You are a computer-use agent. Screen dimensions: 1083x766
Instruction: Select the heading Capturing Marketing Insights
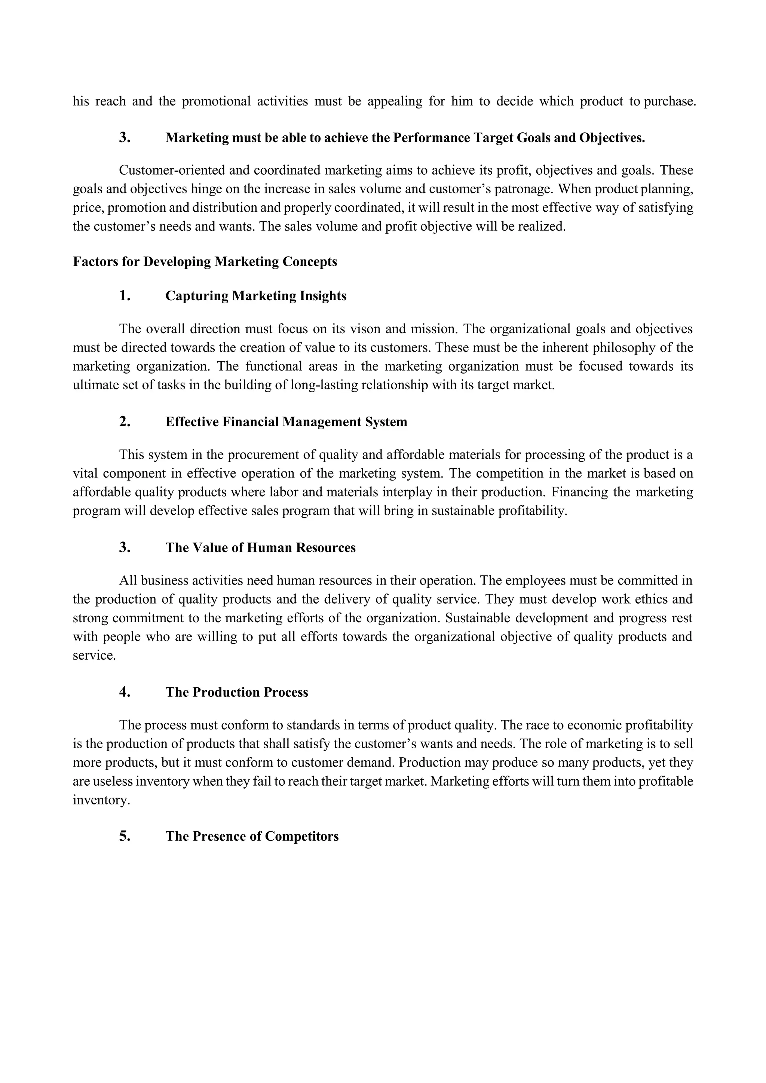click(x=256, y=296)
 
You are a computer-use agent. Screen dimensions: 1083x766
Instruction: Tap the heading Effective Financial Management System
click(x=286, y=422)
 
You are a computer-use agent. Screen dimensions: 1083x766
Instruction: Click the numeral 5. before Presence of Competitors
click(x=125, y=836)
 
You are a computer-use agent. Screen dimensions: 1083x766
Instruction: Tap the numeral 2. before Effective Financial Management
click(x=125, y=422)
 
